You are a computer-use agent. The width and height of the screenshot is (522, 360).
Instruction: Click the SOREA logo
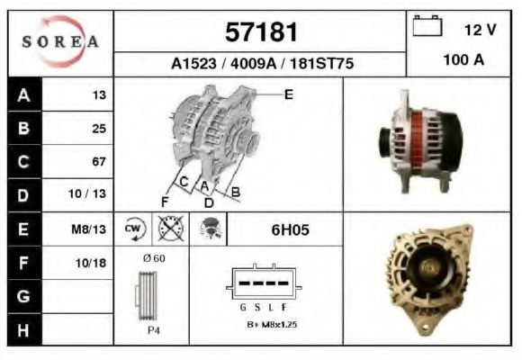(x=60, y=41)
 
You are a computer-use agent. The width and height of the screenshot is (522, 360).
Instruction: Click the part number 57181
(x=261, y=32)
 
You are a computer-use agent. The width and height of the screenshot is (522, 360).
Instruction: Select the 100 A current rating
(x=463, y=60)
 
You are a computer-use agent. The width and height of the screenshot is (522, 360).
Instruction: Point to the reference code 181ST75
(x=321, y=63)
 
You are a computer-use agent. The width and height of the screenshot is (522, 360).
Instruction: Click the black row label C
(x=24, y=162)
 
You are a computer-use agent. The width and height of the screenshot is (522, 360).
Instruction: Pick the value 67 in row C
(x=99, y=161)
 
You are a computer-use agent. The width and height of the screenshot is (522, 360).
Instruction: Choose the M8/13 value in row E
(x=88, y=229)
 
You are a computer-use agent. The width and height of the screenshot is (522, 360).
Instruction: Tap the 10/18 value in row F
(x=91, y=263)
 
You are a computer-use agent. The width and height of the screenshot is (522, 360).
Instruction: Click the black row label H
(x=24, y=330)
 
